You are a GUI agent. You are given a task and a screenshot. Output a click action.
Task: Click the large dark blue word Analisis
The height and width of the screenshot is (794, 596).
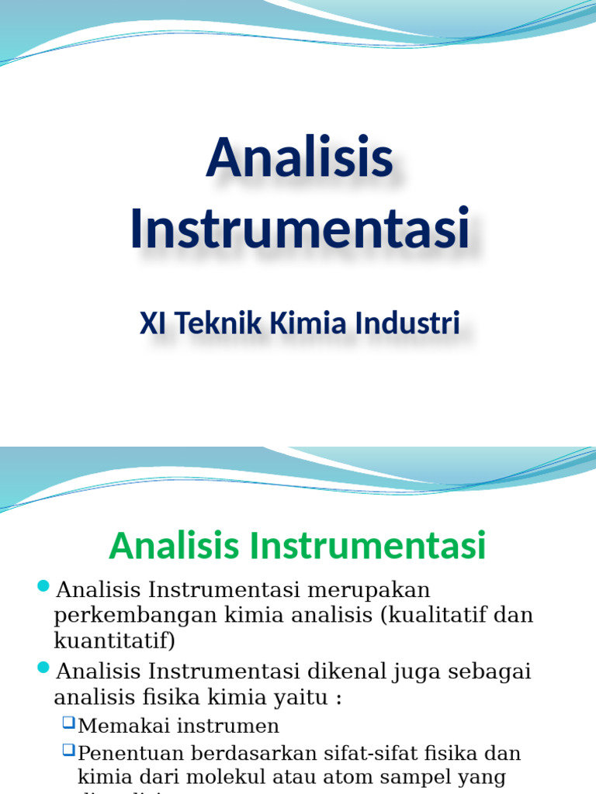click(299, 157)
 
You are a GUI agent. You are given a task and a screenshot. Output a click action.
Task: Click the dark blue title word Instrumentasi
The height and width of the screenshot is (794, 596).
click(299, 228)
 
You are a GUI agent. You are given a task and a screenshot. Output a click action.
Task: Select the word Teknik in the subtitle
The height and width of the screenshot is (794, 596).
click(219, 323)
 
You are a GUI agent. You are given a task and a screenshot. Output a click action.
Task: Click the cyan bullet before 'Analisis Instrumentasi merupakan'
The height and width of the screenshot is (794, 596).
click(43, 585)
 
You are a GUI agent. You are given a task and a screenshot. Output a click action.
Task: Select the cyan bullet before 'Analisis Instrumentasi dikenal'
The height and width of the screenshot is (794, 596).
click(43, 667)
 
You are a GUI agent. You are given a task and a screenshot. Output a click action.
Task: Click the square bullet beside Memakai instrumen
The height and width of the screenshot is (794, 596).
click(69, 723)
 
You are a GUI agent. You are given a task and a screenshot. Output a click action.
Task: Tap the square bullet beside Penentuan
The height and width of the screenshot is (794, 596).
click(69, 750)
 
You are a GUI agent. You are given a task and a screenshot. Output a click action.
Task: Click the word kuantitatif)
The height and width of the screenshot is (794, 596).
click(115, 640)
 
